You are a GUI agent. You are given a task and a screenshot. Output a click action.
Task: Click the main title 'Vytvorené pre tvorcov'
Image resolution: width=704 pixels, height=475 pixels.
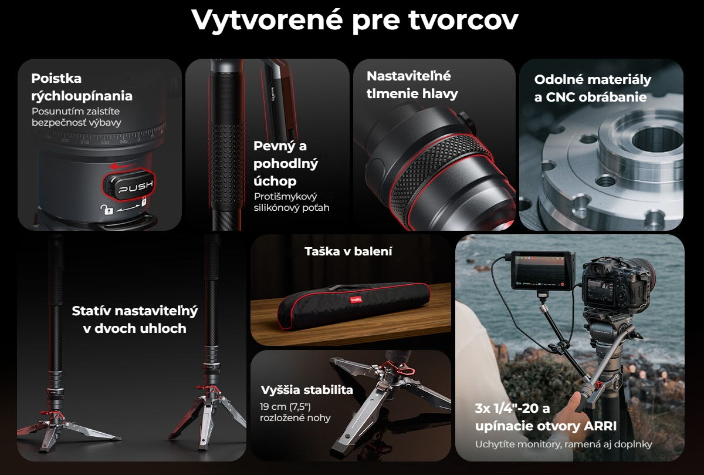(x=354, y=21)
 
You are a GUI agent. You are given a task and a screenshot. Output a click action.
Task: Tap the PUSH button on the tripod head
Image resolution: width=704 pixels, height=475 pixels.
(x=129, y=186)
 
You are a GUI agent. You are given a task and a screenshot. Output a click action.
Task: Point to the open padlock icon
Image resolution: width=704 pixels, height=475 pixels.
(x=106, y=209)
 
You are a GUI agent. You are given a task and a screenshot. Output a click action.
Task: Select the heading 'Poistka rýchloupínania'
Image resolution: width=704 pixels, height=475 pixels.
(x=82, y=87)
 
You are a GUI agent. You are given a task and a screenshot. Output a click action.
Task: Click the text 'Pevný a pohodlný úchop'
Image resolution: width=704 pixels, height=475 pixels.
(x=286, y=163)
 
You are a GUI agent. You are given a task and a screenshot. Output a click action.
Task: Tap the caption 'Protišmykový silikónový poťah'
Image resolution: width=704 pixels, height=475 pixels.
(x=292, y=202)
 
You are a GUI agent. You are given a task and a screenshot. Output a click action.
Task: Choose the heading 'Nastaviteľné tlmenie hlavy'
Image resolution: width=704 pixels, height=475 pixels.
(x=412, y=85)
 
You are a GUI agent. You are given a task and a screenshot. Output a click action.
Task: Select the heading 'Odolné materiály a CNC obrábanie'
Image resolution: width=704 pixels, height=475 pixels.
(x=593, y=89)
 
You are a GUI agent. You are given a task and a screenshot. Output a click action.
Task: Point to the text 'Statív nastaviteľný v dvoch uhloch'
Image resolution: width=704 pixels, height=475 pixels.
(x=134, y=319)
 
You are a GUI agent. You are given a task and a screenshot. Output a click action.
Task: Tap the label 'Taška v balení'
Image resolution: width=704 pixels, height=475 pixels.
(x=348, y=251)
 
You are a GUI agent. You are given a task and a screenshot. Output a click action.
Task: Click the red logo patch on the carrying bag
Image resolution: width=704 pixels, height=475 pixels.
(x=356, y=300)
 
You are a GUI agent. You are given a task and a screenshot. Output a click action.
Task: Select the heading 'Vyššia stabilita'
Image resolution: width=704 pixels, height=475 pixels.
(x=307, y=390)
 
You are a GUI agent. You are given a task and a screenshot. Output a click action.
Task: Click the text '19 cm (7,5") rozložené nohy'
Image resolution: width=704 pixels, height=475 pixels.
(x=295, y=412)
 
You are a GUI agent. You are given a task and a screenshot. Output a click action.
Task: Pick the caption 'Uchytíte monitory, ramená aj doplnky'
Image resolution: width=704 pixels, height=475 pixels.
(x=564, y=444)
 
